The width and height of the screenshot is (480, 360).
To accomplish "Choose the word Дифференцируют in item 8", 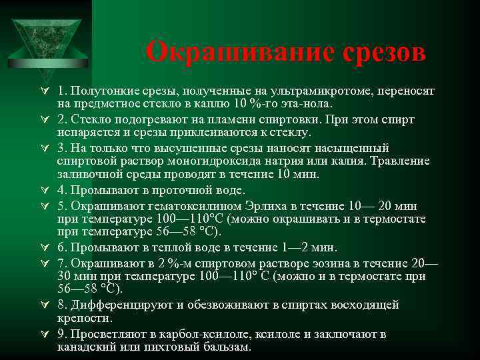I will tap(125, 305).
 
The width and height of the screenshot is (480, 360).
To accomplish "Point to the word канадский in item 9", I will tap(86, 347).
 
